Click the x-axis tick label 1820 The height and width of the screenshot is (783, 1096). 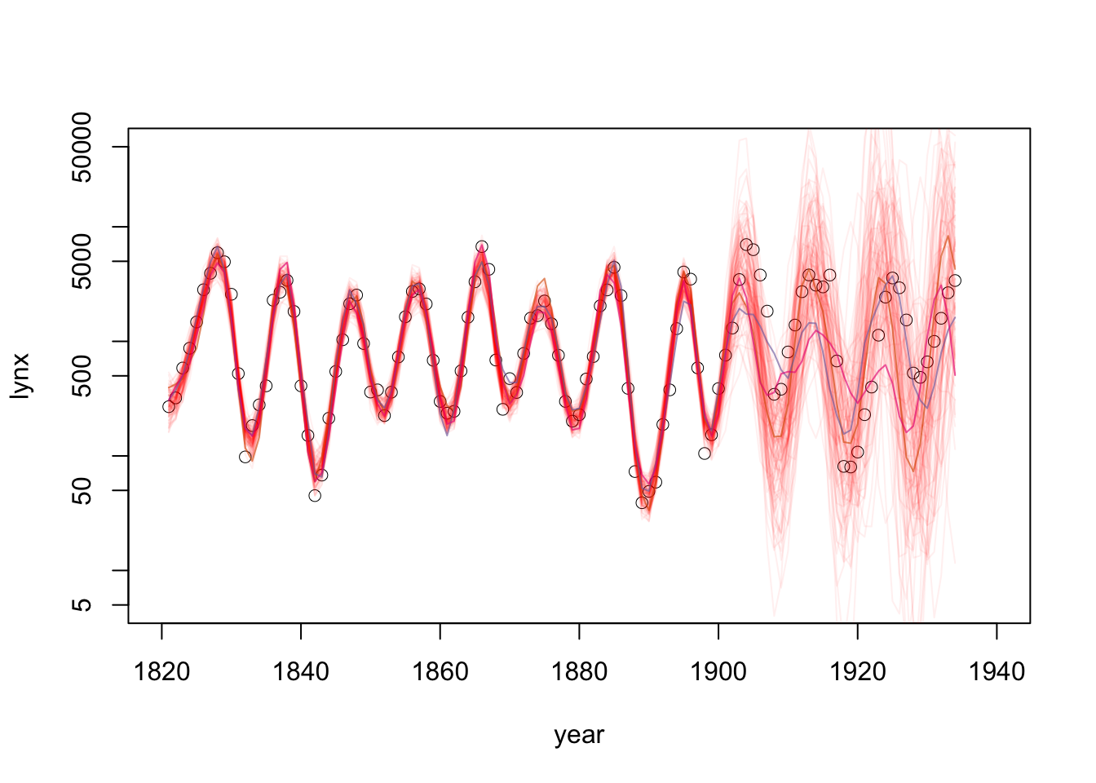pyautogui.click(x=161, y=672)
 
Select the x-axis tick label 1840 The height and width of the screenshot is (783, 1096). pyautogui.click(x=301, y=672)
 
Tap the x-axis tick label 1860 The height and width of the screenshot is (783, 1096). pyautogui.click(x=440, y=672)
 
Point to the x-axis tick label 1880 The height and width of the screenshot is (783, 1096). pyautogui.click(x=579, y=672)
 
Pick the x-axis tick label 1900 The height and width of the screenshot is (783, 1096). pyautogui.click(x=718, y=672)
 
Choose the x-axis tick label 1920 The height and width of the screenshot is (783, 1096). pyautogui.click(x=858, y=672)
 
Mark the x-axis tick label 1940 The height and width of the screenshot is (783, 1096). pyautogui.click(x=997, y=672)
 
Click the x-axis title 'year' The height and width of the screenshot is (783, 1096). pyautogui.click(x=579, y=735)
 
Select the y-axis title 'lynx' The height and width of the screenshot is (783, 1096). pyautogui.click(x=21, y=376)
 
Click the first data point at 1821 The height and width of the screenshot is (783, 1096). pyautogui.click(x=169, y=406)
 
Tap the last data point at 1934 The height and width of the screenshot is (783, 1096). pyautogui.click(x=955, y=281)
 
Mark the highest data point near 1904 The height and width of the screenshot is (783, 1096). pyautogui.click(x=746, y=245)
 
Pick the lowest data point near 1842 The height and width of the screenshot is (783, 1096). pyautogui.click(x=315, y=495)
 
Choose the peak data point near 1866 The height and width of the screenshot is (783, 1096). pyautogui.click(x=482, y=246)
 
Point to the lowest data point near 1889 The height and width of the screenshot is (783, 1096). pyautogui.click(x=642, y=502)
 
